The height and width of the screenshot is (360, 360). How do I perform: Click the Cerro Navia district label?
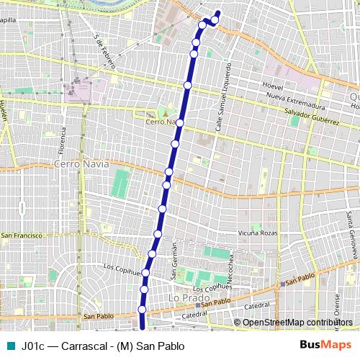click(x=81, y=164)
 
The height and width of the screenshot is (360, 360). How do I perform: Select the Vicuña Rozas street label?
click(x=257, y=233)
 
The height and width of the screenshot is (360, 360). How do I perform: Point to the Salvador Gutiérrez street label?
click(x=312, y=118)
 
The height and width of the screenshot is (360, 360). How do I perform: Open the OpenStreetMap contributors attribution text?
click(x=297, y=322)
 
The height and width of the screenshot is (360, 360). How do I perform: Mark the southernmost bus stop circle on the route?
click(x=142, y=310)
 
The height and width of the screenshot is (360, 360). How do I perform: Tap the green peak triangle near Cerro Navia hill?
click(x=164, y=113)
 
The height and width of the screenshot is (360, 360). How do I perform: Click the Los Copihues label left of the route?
click(x=120, y=268)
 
